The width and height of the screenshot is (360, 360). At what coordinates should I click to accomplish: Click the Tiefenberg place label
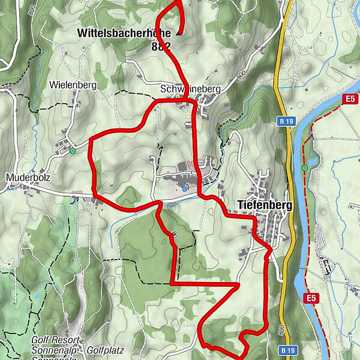pos(265,206)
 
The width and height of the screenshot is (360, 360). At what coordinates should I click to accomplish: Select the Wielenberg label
pos(74,85)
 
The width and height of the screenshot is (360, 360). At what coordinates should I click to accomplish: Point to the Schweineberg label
pos(191,89)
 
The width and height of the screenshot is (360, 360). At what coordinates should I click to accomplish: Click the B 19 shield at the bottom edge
pos(288,350)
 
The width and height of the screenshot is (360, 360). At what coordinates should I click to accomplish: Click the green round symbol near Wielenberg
pos(72,151)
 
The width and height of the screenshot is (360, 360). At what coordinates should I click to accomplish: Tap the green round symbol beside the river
pos(305,167)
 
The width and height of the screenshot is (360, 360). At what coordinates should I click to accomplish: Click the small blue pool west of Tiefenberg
pos(185,188)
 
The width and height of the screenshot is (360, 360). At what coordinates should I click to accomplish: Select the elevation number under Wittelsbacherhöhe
pos(161,46)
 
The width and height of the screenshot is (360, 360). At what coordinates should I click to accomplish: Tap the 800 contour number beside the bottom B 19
pos(280,331)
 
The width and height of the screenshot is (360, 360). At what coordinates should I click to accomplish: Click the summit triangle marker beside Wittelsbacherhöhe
pos(178,34)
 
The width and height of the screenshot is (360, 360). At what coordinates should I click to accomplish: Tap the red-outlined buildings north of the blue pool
pos(191,163)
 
